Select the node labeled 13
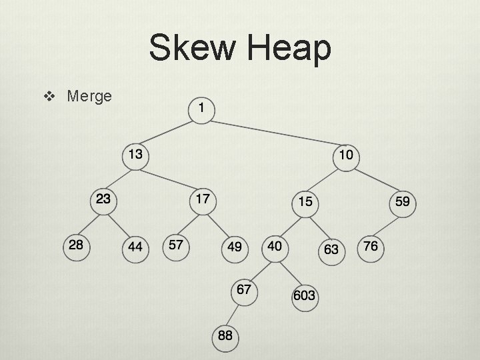[x=135, y=155]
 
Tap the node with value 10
[x=346, y=156]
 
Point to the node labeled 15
[x=305, y=201]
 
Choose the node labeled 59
[x=403, y=201]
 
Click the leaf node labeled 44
[x=135, y=247]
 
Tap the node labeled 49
[x=235, y=247]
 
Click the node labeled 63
[x=331, y=249]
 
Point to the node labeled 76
[x=371, y=247]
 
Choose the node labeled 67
[x=244, y=290]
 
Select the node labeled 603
[x=304, y=295]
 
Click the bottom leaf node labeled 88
[x=225, y=335]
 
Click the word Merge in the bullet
[x=89, y=96]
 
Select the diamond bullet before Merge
[x=48, y=97]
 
